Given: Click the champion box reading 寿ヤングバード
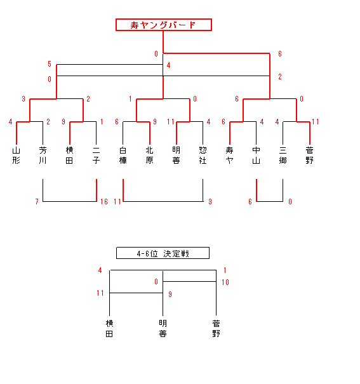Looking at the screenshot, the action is (x=164, y=25).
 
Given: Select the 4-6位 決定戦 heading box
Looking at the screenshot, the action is (x=163, y=253).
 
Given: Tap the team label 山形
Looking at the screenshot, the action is (x=16, y=156).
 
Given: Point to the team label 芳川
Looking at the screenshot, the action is (x=43, y=156).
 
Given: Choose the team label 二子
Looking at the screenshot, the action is (x=97, y=156).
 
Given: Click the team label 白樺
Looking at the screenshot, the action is (x=123, y=156).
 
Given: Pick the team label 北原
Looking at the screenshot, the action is (x=150, y=156).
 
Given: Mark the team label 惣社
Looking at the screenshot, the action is (x=203, y=156).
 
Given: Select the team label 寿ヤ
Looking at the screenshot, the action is (x=229, y=156).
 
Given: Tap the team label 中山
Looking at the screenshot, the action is (x=256, y=156).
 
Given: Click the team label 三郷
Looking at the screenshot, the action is (x=283, y=156).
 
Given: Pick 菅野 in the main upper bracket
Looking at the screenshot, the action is (x=310, y=156).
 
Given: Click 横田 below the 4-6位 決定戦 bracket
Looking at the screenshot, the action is (x=109, y=329).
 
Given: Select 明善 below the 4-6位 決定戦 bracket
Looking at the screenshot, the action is (x=163, y=329).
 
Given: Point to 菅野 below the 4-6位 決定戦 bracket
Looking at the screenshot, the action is (x=217, y=329).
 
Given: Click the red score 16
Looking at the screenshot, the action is (x=104, y=202).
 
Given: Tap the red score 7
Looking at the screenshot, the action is (x=37, y=202).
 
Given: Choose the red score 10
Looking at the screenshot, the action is (x=225, y=282).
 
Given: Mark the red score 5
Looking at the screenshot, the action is (x=50, y=64).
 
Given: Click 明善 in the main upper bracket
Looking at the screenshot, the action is (x=177, y=156).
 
